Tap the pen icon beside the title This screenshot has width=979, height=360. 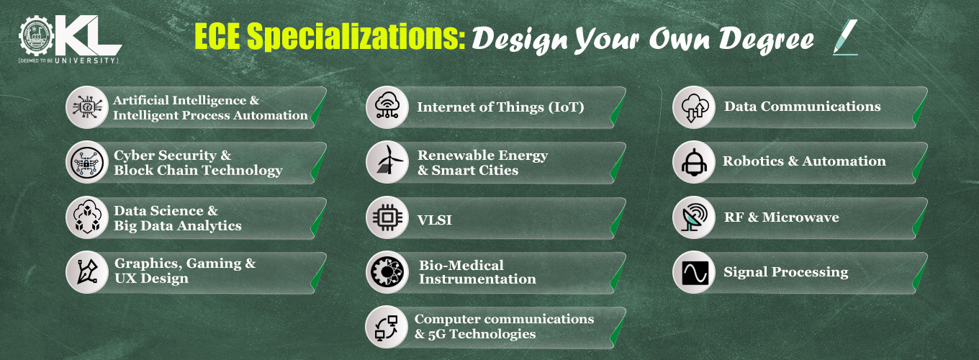tap(845, 37)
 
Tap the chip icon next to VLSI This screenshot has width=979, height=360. tap(388, 217)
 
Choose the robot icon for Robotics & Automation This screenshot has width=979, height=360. tap(695, 162)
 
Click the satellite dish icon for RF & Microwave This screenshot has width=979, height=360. tap(695, 217)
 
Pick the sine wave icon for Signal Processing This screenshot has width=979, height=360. tap(695, 273)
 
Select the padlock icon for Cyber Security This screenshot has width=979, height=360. tap(87, 162)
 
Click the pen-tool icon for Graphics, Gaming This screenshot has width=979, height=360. tap(87, 271)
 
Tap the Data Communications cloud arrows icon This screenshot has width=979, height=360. tap(694, 107)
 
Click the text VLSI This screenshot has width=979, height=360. tap(435, 220)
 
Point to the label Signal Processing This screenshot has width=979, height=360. tap(786, 271)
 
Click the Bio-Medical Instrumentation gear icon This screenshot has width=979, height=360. tap(387, 272)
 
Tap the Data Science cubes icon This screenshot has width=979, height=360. tap(87, 217)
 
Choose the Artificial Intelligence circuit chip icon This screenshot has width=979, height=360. tap(87, 107)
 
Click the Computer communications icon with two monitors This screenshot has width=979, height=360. tap(387, 328)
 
